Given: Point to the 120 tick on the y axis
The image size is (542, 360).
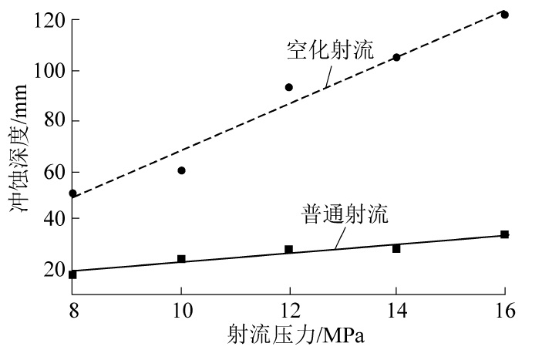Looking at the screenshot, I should pos(48,21).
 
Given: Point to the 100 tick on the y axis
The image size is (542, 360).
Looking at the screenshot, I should pos(48,71).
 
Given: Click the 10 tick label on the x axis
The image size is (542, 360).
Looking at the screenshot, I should pos(181,311).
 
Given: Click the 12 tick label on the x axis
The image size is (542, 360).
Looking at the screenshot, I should pos(289,311).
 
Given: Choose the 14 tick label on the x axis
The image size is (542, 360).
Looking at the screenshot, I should pos(396,311).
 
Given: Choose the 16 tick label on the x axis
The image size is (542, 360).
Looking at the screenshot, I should pos(504,311).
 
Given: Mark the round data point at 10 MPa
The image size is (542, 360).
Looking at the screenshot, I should pos(181,170).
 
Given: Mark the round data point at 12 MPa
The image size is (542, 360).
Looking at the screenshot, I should pos(289,87).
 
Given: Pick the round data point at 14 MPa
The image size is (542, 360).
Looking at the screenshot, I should pos(396,57).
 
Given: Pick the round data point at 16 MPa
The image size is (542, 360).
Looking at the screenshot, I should pos(504,15).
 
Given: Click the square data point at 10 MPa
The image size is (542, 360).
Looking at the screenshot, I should pos(181,259).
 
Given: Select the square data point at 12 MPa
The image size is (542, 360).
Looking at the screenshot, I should pos(289,249).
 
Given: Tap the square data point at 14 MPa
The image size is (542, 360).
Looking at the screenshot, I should pos(396,248).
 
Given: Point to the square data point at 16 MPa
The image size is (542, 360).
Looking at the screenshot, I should pos(504,234).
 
